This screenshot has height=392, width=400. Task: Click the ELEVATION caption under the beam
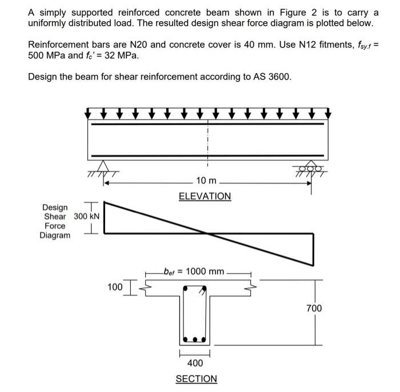coord(205,196)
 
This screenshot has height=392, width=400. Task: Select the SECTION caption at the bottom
coord(196,378)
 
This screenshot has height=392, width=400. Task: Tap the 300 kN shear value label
coord(87,217)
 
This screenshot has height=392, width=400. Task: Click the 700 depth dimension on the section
coord(314,309)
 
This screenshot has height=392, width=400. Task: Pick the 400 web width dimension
coord(195,362)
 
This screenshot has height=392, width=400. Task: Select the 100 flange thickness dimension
coord(115,286)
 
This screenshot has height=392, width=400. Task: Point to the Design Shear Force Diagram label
coord(55,221)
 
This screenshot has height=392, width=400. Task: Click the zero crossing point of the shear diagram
coord(206,233)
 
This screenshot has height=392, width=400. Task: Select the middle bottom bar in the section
coord(195,339)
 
